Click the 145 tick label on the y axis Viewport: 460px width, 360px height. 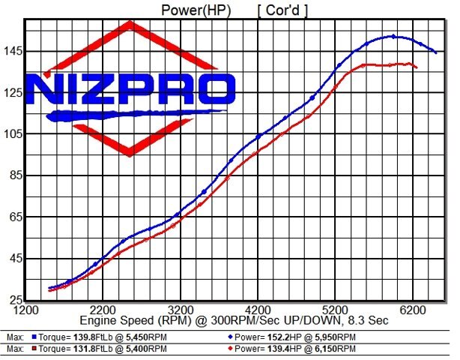click(x=13, y=51)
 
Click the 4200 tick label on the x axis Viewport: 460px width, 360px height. click(x=258, y=309)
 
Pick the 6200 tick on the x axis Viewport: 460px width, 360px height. click(x=413, y=309)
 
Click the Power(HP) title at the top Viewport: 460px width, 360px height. click(x=196, y=10)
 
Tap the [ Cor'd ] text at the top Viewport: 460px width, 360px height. click(x=283, y=10)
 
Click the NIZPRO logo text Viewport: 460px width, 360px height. click(x=130, y=89)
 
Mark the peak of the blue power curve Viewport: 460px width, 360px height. click(x=393, y=36)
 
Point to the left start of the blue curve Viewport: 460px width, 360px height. click(x=49, y=288)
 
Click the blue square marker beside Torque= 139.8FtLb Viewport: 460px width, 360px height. click(x=35, y=337)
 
